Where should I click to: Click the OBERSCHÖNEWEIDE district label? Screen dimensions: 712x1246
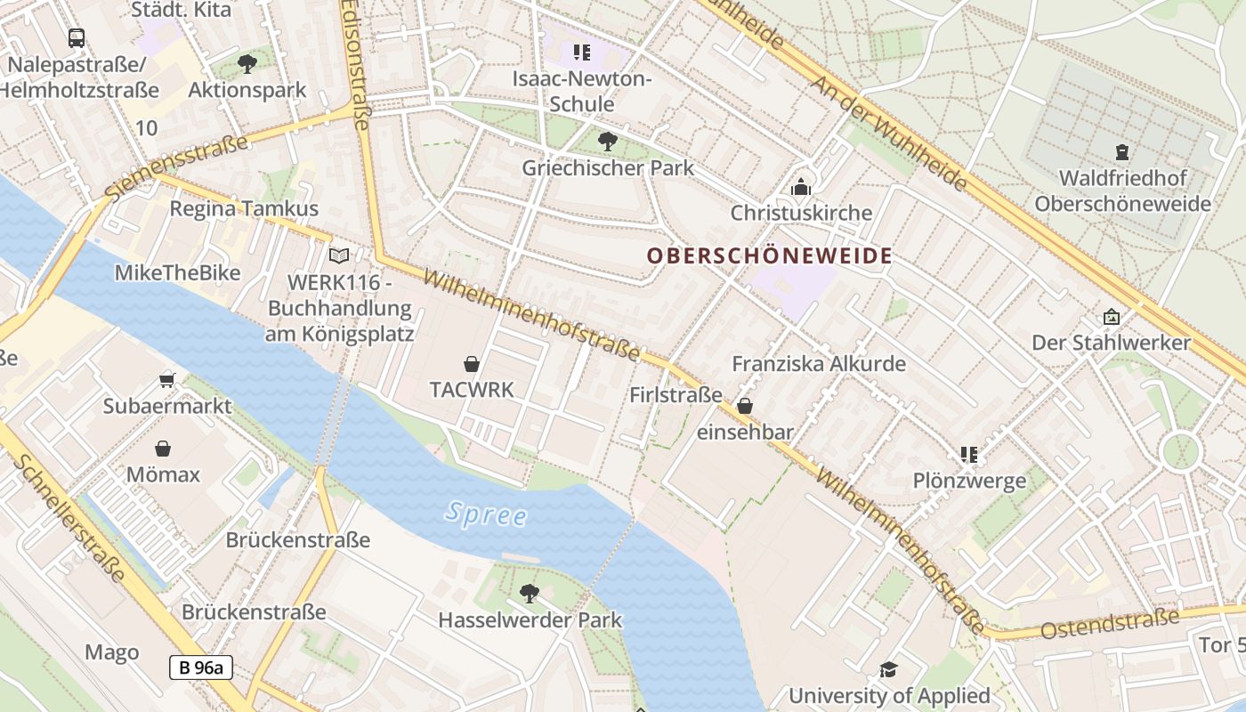pos(769,256)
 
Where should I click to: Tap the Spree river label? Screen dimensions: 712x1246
pos(486,514)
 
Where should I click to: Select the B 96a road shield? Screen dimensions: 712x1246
pos(200,667)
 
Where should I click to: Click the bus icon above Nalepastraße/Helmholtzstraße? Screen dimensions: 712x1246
pos(77,37)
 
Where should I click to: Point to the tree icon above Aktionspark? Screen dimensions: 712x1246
pos(247,63)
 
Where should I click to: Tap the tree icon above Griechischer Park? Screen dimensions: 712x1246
pos(608,141)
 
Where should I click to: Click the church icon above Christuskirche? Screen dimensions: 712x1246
pos(801,187)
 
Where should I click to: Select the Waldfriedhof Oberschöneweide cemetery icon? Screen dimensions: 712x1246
pos(1122,152)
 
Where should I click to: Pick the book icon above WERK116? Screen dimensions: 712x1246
pos(339,256)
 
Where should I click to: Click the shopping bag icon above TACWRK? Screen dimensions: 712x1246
pos(472,363)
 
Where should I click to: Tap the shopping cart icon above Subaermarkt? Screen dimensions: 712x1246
pos(166,380)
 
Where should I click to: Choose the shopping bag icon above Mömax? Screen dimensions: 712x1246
pos(163,448)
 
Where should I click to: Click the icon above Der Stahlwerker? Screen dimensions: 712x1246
pos(1111,316)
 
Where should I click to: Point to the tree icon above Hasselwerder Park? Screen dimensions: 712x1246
pos(530,593)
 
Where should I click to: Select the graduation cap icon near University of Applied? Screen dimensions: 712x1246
pos(888,669)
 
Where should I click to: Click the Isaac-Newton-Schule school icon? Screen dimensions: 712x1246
pos(582,53)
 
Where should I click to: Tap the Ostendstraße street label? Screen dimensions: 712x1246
pos(1110,623)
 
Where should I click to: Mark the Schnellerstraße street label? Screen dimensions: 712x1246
pos(69,520)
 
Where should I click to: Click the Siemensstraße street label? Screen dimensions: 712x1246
pos(176,167)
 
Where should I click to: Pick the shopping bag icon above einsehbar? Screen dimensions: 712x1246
pos(745,406)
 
